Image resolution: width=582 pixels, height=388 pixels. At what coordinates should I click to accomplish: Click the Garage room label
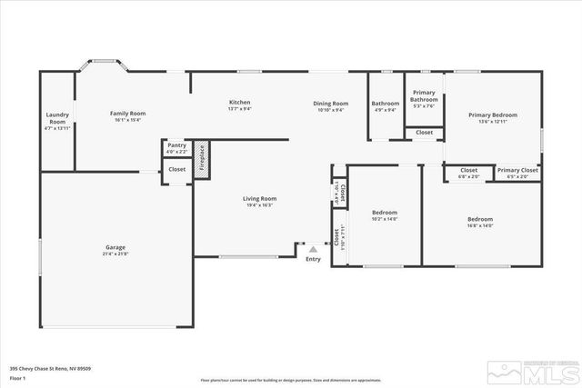(x=115, y=246)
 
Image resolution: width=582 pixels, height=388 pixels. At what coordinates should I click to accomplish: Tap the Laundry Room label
(x=57, y=118)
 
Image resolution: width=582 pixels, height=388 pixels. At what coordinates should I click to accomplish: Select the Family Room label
(x=128, y=114)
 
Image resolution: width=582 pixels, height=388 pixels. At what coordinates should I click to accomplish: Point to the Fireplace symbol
(x=202, y=160)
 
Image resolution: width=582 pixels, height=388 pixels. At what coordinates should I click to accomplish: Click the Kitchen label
(x=239, y=102)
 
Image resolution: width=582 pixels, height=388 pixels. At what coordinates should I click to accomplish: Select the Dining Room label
(x=331, y=104)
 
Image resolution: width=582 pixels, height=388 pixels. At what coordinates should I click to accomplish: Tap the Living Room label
(x=259, y=198)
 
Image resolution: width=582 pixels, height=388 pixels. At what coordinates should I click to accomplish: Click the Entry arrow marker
(x=313, y=247)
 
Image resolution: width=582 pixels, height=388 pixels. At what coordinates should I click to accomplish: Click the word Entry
(x=313, y=259)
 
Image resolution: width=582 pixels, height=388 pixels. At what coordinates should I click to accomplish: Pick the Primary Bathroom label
(x=425, y=96)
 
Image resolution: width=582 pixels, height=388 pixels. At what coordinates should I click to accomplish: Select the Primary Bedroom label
(x=493, y=114)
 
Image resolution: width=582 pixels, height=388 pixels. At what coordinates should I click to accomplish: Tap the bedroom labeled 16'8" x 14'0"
(x=480, y=219)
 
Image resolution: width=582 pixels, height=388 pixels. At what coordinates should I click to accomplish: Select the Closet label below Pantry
(x=176, y=169)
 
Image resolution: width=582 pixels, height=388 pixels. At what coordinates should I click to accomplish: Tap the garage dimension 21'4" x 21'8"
(x=115, y=253)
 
